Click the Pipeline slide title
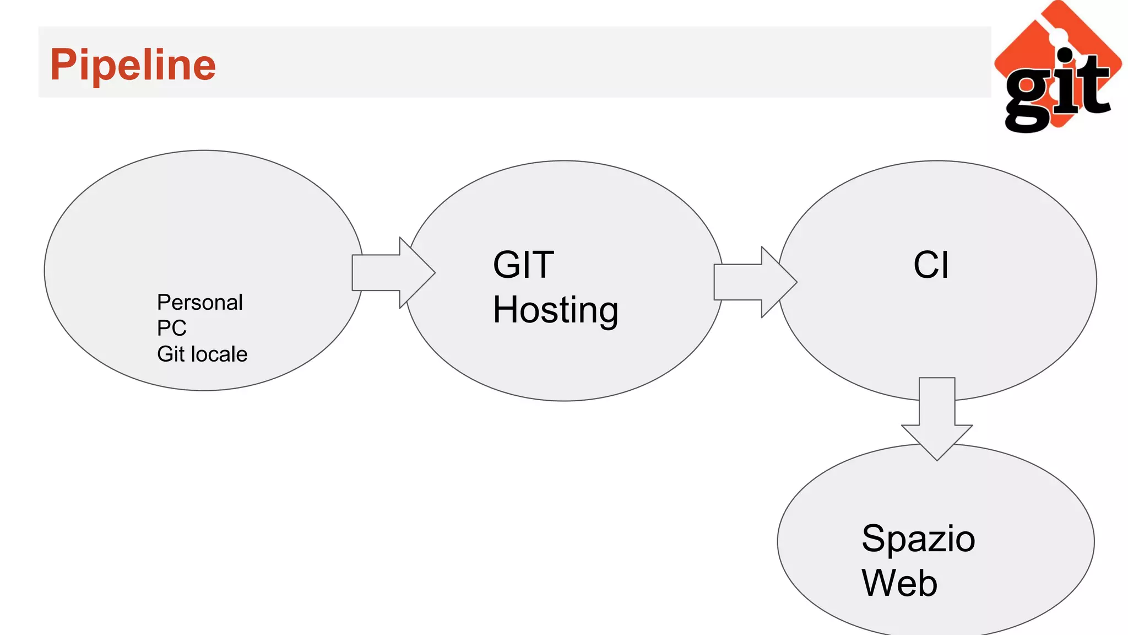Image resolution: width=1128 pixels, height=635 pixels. [133, 65]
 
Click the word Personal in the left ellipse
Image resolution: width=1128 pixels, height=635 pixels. [199, 303]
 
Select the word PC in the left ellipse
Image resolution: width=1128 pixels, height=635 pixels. [171, 329]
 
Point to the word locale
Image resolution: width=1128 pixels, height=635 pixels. [219, 354]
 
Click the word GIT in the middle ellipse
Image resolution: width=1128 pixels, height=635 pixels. [523, 265]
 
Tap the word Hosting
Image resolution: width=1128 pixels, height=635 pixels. [555, 310]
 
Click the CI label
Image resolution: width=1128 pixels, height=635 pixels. [931, 265]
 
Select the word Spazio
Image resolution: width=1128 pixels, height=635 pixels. [918, 539]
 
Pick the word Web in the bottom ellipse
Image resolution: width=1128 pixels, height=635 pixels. [899, 583]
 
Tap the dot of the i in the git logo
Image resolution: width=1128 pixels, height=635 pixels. [1065, 56]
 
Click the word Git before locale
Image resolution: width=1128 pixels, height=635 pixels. [171, 354]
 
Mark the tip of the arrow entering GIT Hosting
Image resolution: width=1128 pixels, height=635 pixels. [434, 272]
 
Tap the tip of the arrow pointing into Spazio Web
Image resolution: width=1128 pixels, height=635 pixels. [937, 459]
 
